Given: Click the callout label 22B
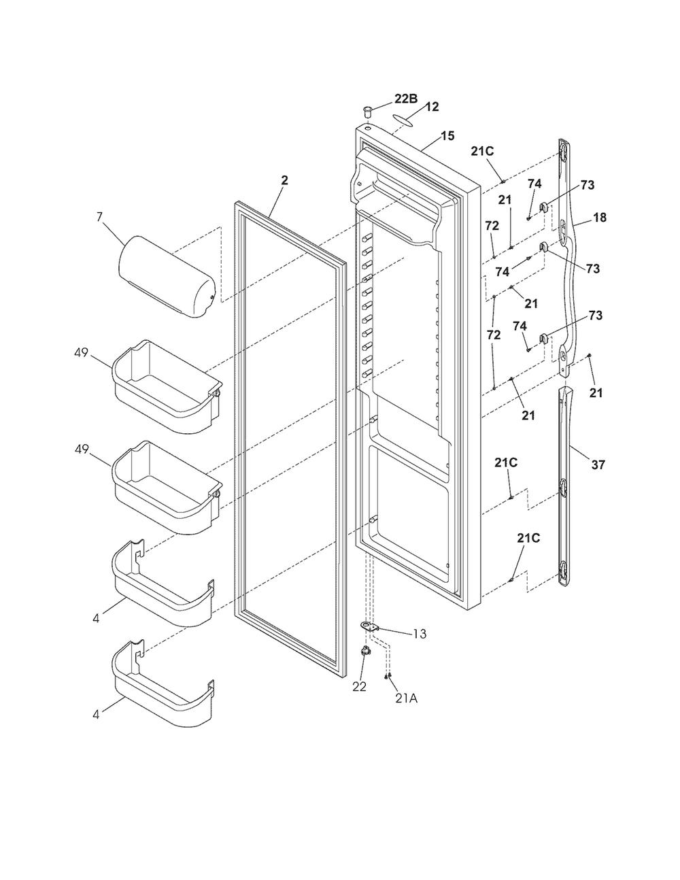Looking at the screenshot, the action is point(406,99).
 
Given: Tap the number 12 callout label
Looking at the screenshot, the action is point(432,107).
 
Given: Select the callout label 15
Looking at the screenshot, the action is point(447,135).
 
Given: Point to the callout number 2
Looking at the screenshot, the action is point(284,180).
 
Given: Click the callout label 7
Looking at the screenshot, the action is point(99,217).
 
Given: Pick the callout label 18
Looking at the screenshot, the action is point(600,218).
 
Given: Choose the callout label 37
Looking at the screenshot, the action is point(598,465).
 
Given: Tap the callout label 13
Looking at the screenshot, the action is point(420,634).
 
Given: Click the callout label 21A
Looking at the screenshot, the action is point(405,698).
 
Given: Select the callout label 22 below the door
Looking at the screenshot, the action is point(359,686).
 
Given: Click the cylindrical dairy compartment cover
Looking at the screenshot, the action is point(167,276).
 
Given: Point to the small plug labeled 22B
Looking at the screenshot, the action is point(367,111).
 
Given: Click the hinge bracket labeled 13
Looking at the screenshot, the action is point(370,628).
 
